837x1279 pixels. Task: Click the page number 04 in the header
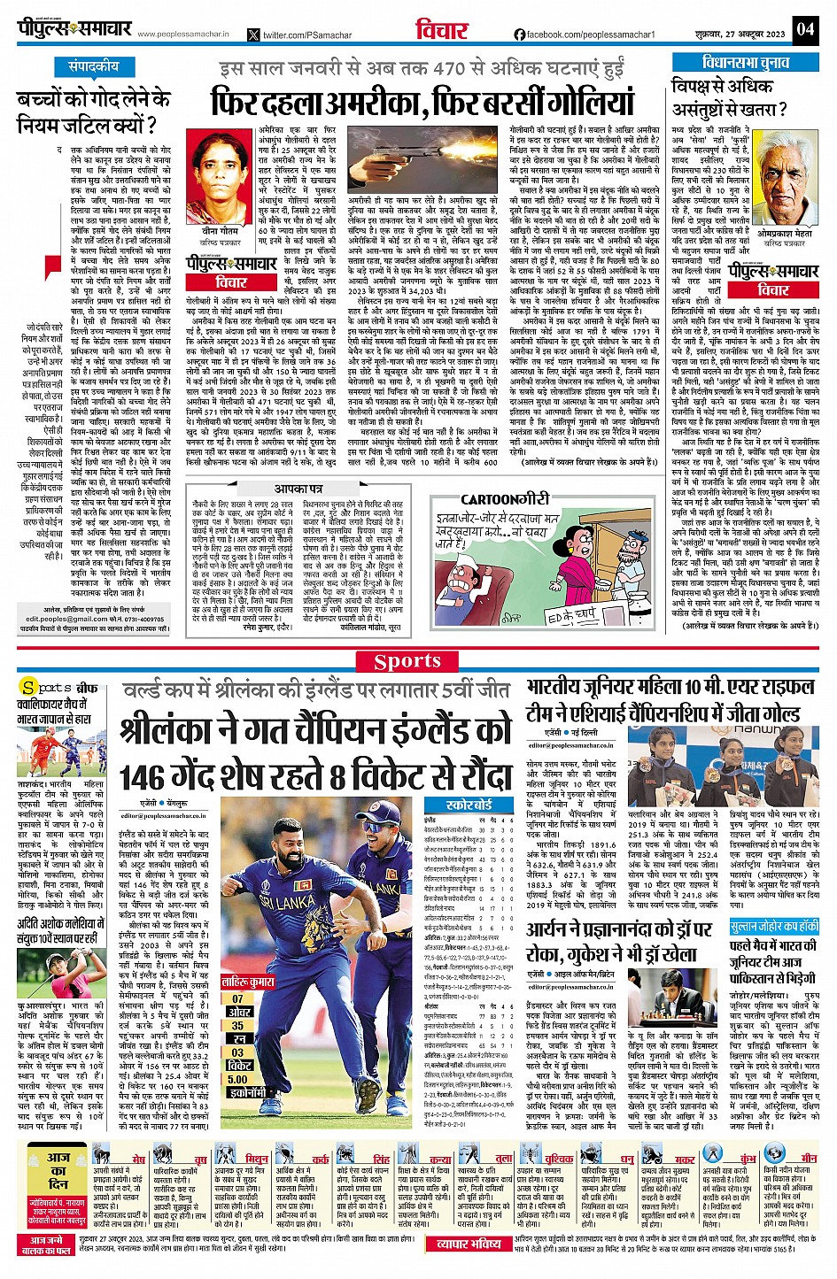(804, 29)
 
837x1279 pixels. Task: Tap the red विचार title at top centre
(442, 30)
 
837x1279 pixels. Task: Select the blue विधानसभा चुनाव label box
(746, 63)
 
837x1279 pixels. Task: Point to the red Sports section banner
(407, 661)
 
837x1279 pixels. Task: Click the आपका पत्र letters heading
(298, 489)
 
